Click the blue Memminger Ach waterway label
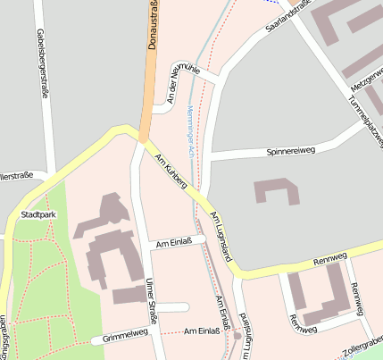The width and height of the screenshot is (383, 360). pos(190,130)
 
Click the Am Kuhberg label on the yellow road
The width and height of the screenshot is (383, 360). pos(171,172)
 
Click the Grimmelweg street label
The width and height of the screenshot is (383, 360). pos(125,337)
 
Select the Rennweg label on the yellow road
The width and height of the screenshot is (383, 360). pos(330,262)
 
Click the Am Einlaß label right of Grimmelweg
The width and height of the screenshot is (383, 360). pos(202,331)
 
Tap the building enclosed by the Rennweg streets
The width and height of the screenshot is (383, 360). pos(317,294)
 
